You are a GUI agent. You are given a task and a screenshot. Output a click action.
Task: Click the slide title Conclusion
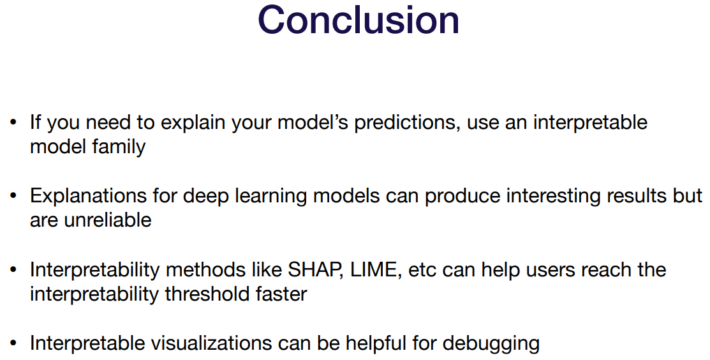359,20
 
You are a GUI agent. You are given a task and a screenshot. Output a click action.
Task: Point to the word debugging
491,343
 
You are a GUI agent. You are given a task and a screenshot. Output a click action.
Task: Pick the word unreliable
108,220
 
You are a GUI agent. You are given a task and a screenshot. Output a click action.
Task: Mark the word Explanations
88,197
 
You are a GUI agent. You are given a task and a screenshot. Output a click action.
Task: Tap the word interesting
553,197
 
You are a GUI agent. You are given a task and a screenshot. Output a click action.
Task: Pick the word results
637,195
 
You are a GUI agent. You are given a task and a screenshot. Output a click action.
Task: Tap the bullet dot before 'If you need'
13,123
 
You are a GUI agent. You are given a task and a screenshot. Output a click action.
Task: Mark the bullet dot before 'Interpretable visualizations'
13,343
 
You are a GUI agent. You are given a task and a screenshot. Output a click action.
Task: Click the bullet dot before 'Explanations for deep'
13,196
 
